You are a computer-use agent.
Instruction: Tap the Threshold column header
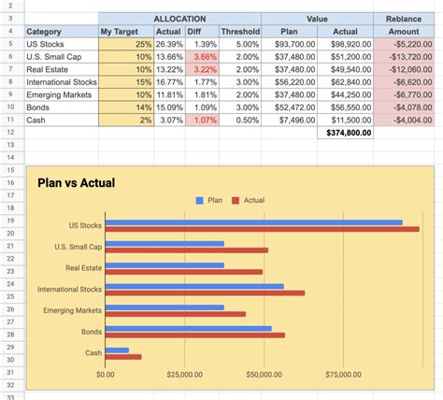point(240,32)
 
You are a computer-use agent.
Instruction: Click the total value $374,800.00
point(349,133)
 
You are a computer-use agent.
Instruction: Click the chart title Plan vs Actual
point(76,183)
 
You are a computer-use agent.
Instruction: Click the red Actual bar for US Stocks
point(262,229)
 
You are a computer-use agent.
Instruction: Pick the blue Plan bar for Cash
point(117,350)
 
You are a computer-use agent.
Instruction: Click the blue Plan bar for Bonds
point(188,328)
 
